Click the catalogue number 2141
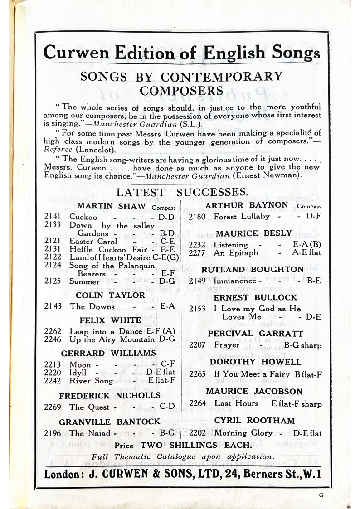coord(53,217)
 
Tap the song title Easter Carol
coord(93,241)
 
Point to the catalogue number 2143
coord(53,306)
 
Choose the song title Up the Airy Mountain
coord(112,339)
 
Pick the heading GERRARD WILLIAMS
coord(108,353)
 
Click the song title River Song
coord(91,381)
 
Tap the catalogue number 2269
coord(53,407)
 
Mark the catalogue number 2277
coord(197,253)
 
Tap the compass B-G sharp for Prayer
coord(302,345)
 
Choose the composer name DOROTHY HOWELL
coord(255,362)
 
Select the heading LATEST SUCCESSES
coord(182,192)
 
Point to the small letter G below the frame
coord(321,495)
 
